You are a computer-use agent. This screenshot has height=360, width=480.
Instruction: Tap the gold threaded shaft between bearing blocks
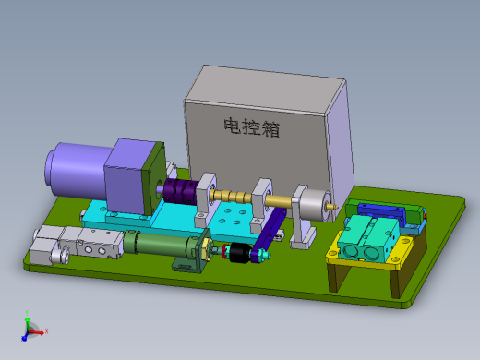(x=235, y=196)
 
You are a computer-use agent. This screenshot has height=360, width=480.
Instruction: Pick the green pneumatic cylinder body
(x=157, y=244)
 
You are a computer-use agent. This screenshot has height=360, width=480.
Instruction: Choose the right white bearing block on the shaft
(x=264, y=198)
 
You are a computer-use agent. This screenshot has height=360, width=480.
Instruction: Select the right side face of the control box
(x=340, y=138)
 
